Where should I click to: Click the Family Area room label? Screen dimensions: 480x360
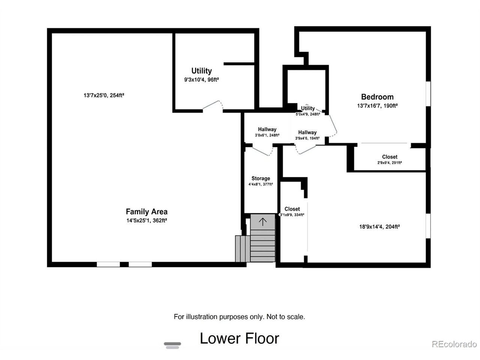pos(147,211)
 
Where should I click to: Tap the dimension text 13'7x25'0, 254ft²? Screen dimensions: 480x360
pos(104,95)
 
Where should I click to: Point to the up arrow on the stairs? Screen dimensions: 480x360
pos(262,222)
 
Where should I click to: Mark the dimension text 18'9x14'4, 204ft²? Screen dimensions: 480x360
pos(379,226)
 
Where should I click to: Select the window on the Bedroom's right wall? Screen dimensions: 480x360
pos(428,94)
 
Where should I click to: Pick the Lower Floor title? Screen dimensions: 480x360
pos(240,339)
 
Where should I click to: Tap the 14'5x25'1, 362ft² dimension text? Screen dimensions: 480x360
pos(147,220)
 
